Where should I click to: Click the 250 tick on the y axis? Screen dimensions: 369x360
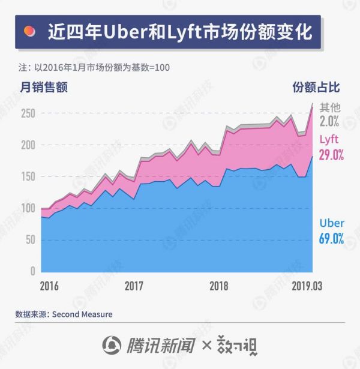[x=28, y=113]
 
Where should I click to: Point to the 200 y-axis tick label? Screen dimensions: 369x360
[x=28, y=145]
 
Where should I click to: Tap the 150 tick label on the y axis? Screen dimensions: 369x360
[x=28, y=176]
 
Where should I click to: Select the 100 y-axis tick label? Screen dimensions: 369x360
[x=28, y=208]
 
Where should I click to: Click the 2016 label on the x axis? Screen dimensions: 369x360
[x=50, y=286]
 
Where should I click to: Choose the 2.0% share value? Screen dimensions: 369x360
[x=330, y=121]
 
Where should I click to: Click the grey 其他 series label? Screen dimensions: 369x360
[x=330, y=107]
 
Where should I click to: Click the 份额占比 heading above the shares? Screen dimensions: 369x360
[x=316, y=88]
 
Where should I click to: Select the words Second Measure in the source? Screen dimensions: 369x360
[x=82, y=314]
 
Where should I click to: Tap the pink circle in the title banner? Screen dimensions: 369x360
[x=29, y=32]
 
